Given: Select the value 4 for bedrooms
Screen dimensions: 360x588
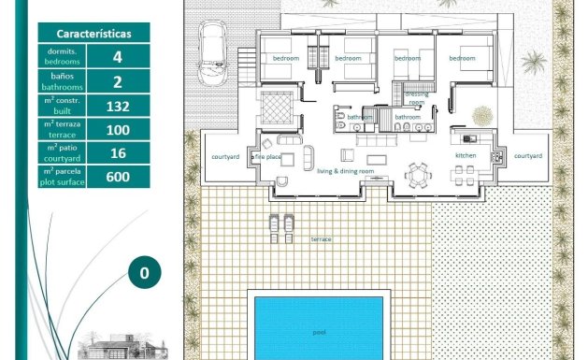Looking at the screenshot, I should tap(117, 56).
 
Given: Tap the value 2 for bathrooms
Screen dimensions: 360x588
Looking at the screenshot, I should tap(117, 80).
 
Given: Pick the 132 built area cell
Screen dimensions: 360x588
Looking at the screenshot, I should tap(117, 105).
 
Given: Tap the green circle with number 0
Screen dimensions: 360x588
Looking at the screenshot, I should tap(144, 273).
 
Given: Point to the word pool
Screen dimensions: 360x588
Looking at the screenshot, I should tap(319, 332).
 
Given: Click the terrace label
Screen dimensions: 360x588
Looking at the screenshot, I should tap(322, 239).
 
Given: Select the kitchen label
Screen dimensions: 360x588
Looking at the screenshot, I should tap(466, 155).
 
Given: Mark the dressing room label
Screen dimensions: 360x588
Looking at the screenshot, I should tap(417, 98).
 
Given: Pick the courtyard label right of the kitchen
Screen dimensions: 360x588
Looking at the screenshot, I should tap(528, 156).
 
